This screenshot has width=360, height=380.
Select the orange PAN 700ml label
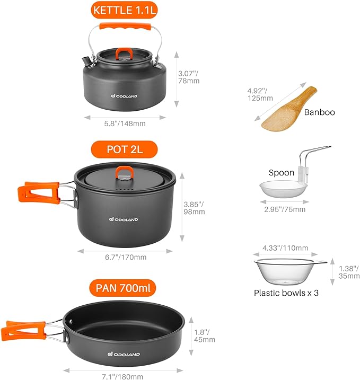[x=125, y=289]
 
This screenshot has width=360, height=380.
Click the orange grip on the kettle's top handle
[x=125, y=28]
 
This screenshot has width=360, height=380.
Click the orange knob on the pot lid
[x=125, y=172]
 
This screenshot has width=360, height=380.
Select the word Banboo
[x=319, y=112]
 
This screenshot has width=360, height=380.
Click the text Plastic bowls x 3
[x=286, y=293]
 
